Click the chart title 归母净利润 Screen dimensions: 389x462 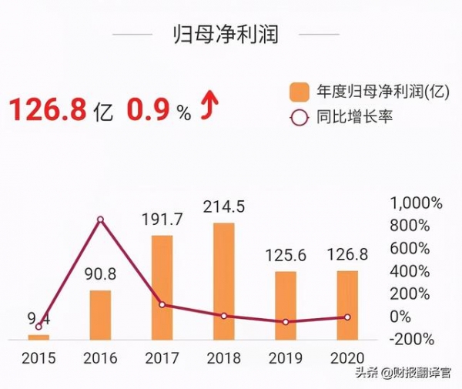pyautogui.click(x=225, y=35)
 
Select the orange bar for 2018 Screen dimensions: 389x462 pyautogui.click(x=224, y=281)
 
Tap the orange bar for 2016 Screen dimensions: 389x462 pyautogui.click(x=100, y=314)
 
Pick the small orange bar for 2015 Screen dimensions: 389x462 pyautogui.click(x=38, y=337)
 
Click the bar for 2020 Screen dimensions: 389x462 pyautogui.click(x=347, y=305)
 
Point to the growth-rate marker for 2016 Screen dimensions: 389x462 pyautogui.click(x=100, y=220)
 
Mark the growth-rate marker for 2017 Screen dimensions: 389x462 pyautogui.click(x=162, y=304)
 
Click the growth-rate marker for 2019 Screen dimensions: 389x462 pyautogui.click(x=286, y=321)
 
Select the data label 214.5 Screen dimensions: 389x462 pyautogui.click(x=224, y=206)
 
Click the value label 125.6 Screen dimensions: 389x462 pyautogui.click(x=286, y=255)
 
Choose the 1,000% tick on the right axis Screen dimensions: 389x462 pyautogui.click(x=417, y=203)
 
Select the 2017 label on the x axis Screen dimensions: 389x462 pyautogui.click(x=162, y=358)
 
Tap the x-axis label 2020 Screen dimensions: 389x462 pyautogui.click(x=347, y=358)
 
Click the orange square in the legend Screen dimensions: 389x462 pyautogui.click(x=300, y=92)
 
